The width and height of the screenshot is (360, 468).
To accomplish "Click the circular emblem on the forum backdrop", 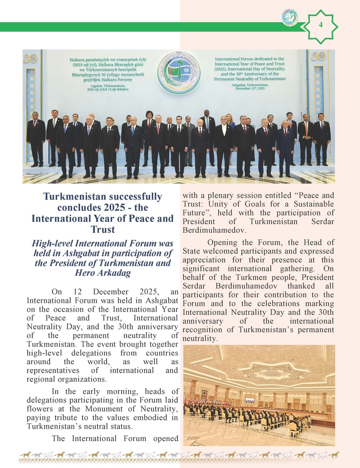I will [x=179, y=72].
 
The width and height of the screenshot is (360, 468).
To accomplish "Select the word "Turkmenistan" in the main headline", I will [x=72, y=197].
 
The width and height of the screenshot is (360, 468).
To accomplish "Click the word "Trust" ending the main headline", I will [x=103, y=229].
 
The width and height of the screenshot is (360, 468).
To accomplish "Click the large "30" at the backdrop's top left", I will [x=30, y=58].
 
